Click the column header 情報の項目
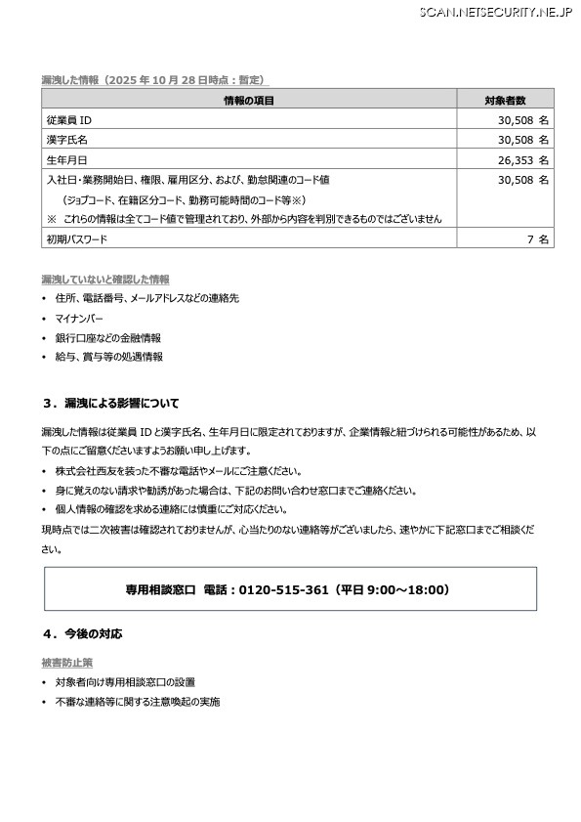248,100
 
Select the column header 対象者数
505,100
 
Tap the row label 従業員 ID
69,119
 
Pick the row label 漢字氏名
65,140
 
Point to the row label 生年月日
65,160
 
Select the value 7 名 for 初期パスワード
538,238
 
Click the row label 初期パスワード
77,238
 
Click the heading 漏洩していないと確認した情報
105,279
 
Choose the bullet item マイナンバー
79,319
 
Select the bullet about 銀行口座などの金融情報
108,338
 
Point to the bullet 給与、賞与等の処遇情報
109,358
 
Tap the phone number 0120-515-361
284,590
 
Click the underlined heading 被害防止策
67,663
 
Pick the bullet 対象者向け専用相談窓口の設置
125,682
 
